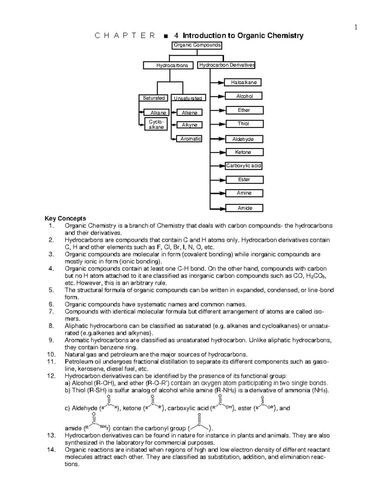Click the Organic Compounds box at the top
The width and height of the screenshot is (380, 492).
click(x=197, y=45)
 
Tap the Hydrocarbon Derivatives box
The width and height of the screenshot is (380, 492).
click(x=226, y=65)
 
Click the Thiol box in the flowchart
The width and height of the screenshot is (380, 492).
click(x=244, y=124)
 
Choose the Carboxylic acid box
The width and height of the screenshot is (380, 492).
click(x=244, y=166)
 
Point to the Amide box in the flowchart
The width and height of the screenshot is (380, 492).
click(x=244, y=208)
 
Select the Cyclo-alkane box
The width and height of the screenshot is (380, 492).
click(x=156, y=125)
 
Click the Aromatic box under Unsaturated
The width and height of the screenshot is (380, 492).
click(x=190, y=139)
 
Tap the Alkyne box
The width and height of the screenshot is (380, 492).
click(x=189, y=125)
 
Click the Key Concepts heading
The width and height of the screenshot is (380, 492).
click(x=65, y=219)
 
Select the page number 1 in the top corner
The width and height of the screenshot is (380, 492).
click(x=356, y=28)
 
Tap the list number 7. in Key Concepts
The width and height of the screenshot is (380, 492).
click(x=51, y=312)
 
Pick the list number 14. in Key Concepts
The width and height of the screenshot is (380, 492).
click(x=51, y=450)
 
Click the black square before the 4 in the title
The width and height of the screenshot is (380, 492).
click(x=165, y=36)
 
